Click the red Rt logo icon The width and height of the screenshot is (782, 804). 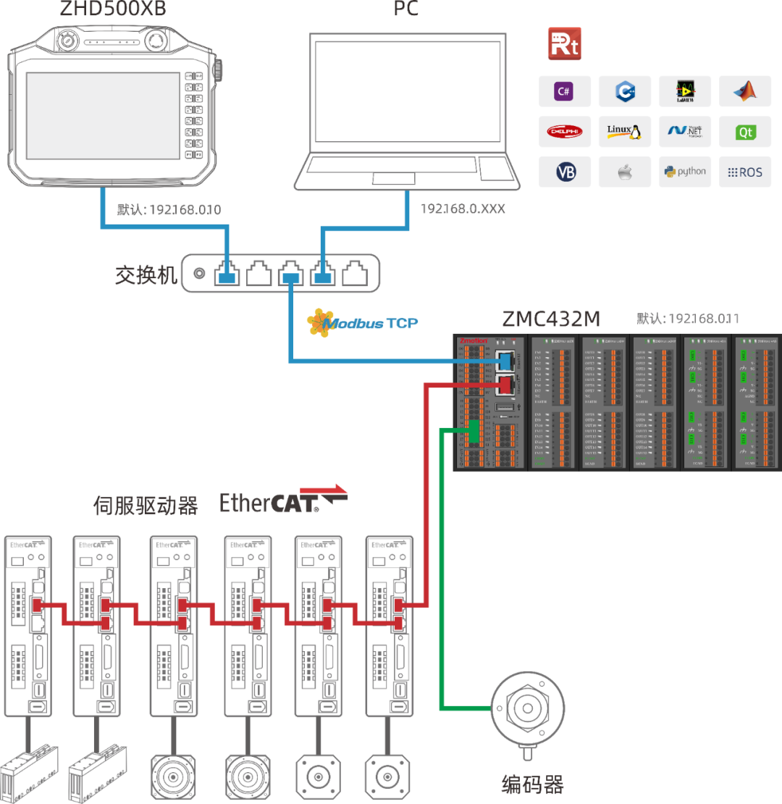tap(564, 44)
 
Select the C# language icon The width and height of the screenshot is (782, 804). tap(565, 91)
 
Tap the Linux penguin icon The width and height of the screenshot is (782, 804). tap(624, 132)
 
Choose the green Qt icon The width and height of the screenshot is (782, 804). tap(744, 132)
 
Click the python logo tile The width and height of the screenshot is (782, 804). tap(684, 172)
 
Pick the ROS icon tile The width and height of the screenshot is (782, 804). tap(744, 172)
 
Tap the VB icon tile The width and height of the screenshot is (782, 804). tap(565, 172)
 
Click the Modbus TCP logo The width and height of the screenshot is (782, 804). tap(362, 323)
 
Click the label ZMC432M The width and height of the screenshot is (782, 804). tap(551, 319)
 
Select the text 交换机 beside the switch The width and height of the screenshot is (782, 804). tap(146, 275)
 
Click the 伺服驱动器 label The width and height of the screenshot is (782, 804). tap(146, 506)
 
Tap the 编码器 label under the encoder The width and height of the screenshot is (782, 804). tap(532, 784)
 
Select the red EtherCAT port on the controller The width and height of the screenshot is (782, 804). tap(506, 384)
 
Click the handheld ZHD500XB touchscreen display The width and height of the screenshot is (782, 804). tap(103, 116)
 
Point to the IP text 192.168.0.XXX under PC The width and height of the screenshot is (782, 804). tap(463, 209)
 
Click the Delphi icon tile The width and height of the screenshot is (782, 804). tap(565, 132)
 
